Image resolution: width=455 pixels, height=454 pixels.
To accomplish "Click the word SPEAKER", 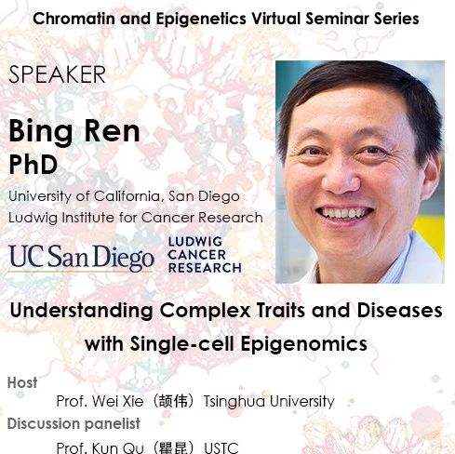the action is (x=58, y=74).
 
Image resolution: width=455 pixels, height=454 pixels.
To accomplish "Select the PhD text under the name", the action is (x=33, y=165).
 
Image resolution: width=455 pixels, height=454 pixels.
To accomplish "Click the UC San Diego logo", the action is (x=81, y=259).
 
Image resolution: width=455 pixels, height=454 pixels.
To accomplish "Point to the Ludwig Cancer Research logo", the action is (x=205, y=255).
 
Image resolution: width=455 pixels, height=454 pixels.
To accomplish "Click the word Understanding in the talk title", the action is (x=82, y=311).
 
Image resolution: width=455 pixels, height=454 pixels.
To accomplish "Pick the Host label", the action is (x=22, y=382).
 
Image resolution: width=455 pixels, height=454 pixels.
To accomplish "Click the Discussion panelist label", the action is (x=74, y=423).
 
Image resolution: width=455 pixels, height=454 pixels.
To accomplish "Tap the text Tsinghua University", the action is (x=269, y=401).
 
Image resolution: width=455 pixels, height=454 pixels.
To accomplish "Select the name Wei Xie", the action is (x=117, y=401).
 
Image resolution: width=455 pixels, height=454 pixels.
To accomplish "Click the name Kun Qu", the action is (x=118, y=447).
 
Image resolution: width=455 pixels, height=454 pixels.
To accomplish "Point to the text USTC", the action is (x=221, y=448).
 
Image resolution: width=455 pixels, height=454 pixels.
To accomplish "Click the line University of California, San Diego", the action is (x=124, y=196).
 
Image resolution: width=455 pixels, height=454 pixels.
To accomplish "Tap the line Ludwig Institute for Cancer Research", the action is (x=136, y=218).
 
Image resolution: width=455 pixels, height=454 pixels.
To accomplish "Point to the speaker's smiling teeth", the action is (x=344, y=213).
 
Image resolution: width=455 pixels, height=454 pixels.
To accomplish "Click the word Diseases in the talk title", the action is (x=400, y=311).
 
